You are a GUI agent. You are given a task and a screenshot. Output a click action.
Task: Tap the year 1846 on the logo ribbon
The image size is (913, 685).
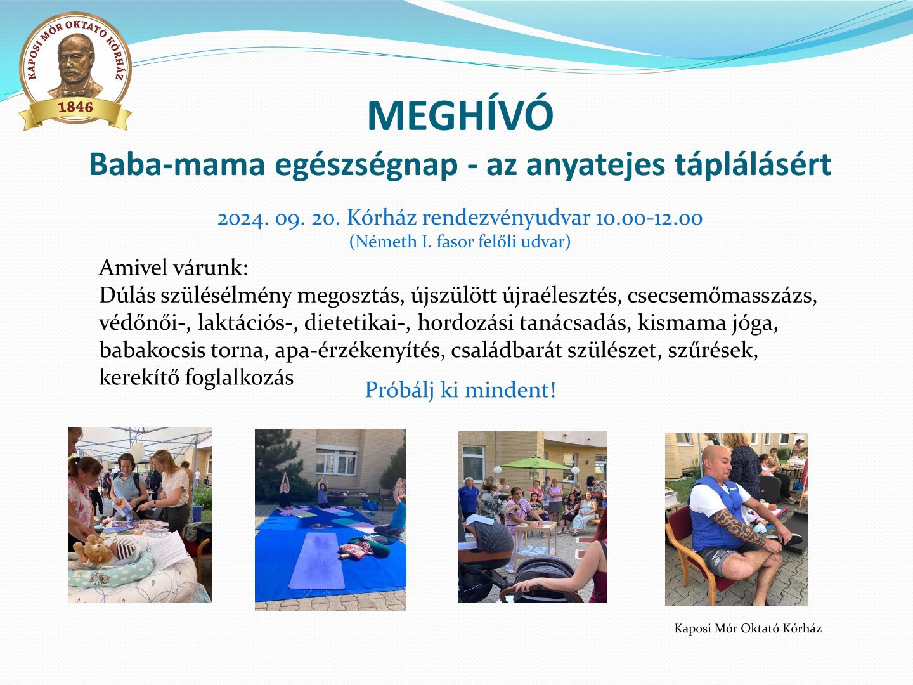click(x=75, y=107)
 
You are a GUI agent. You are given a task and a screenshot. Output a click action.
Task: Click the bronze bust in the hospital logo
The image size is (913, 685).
click(x=75, y=66)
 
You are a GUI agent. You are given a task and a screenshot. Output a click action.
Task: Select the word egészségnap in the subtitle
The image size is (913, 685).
click(x=366, y=165)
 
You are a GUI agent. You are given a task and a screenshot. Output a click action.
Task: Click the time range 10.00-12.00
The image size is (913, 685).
click(x=649, y=218)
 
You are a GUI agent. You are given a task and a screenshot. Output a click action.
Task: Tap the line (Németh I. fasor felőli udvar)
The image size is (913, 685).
click(x=460, y=242)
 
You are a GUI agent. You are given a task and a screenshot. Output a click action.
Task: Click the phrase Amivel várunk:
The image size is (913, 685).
click(x=174, y=268)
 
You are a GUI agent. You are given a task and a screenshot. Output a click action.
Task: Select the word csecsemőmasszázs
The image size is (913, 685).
click(x=722, y=296)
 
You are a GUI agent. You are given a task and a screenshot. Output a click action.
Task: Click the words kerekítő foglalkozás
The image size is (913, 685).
click(x=197, y=377)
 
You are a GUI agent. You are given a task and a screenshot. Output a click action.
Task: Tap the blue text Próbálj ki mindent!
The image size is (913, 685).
click(x=460, y=390)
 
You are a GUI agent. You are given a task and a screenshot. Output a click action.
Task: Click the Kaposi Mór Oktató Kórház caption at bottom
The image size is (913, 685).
click(x=748, y=628)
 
